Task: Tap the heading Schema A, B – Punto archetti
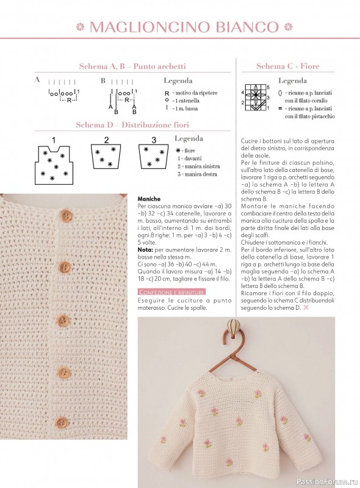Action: tap(132, 66)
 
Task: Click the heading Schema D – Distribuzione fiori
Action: tap(132, 125)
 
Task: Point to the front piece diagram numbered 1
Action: tap(54, 163)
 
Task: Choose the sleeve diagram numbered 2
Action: tap(106, 157)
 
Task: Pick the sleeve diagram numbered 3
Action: tap(153, 157)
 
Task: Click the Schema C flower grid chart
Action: tap(256, 98)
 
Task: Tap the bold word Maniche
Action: tap(149, 199)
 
